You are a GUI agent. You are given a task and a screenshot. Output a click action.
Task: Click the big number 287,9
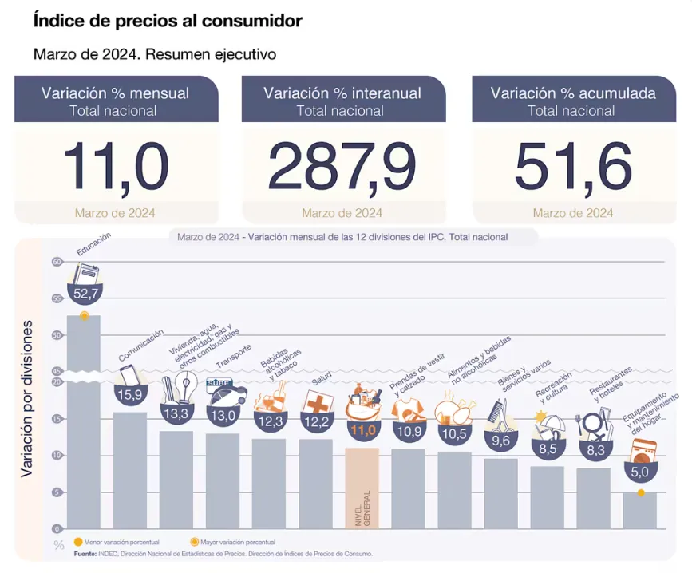tap(342, 167)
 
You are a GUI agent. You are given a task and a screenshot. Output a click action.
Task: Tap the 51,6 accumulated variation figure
tap(572, 167)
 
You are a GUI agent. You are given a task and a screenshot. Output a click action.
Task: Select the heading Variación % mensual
tap(116, 93)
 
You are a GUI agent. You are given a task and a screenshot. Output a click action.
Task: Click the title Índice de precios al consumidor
tap(168, 22)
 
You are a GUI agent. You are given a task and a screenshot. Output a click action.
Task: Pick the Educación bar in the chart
tap(83, 423)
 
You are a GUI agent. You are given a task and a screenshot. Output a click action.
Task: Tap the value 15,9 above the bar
tap(129, 394)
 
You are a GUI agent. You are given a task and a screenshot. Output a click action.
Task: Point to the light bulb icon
tap(185, 388)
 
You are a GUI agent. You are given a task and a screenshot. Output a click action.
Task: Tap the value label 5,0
tap(640, 472)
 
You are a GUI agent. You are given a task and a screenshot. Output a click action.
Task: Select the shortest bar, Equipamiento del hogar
tap(640, 511)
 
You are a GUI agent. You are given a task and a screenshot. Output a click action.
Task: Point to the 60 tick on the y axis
tap(57, 262)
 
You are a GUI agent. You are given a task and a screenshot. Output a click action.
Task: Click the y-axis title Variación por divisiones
tap(27, 399)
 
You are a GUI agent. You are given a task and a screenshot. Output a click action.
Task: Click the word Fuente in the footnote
tap(85, 553)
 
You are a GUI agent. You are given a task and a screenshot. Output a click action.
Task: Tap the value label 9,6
tap(500, 440)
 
